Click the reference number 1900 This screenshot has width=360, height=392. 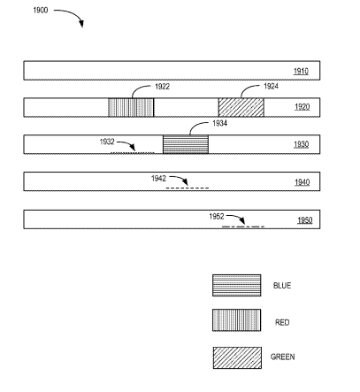point(41,11)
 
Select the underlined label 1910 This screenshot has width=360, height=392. point(301,71)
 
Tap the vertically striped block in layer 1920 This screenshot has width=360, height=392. point(131,107)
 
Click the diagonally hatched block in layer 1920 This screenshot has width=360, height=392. point(241,107)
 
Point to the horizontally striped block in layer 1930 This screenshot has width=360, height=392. point(186,144)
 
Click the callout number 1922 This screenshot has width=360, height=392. point(163,87)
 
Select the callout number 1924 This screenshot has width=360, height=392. point(271,86)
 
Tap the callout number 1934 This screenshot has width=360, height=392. point(220,123)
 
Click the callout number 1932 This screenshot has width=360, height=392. point(107,142)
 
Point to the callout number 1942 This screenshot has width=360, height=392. point(158,179)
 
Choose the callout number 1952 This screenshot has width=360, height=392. point(217,217)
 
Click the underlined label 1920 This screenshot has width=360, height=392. point(303,107)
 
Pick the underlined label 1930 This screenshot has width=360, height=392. point(302,144)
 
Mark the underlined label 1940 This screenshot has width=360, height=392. point(303,182)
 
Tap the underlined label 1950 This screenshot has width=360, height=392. point(305,220)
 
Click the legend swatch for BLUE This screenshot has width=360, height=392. point(237,285)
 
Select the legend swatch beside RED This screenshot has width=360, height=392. point(237,320)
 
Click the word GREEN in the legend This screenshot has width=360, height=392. point(283,357)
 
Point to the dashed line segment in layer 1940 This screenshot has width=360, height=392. point(188,188)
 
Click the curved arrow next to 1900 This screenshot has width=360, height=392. point(74,14)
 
